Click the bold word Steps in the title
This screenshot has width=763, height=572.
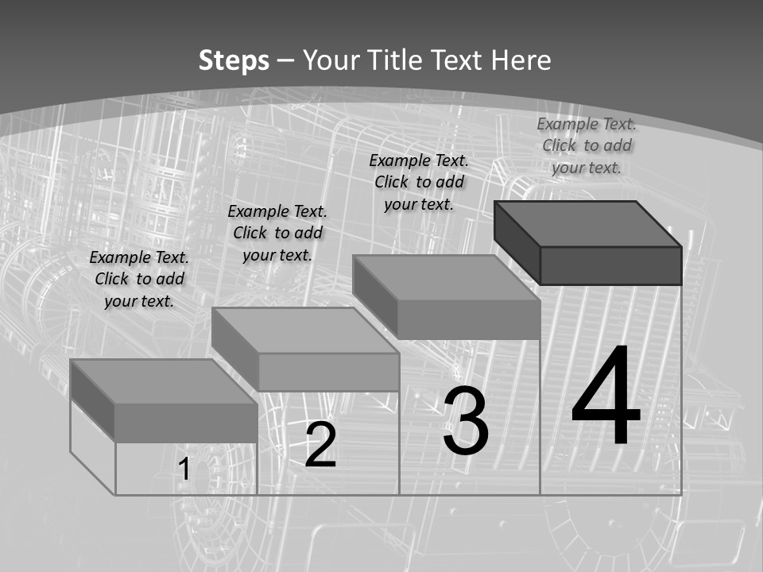point(234,60)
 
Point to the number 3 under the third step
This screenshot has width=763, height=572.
point(466,421)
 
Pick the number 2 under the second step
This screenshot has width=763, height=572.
point(320,445)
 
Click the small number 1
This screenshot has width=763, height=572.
point(184,470)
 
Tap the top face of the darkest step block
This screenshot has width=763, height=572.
point(588,224)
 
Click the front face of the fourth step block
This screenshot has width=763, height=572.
point(610,265)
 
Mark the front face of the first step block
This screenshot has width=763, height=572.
point(186,423)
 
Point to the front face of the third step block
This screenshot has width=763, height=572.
point(469,319)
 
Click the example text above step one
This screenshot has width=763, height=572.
point(139,279)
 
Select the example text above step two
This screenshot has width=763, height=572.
point(277,233)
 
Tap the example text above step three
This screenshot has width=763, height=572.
point(419,182)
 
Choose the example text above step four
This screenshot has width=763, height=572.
point(587,145)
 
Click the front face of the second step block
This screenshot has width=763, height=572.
point(328,372)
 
